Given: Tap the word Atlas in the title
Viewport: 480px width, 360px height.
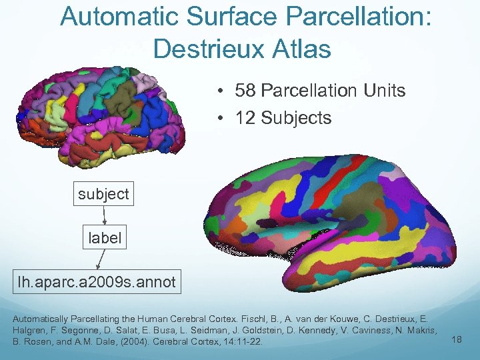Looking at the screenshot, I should tap(303, 49).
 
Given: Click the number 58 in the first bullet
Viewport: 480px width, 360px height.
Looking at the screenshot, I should tap(247, 91).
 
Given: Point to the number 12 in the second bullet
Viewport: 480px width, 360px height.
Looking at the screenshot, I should tap(245, 118).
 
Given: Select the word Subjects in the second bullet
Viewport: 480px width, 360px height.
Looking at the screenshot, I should tap(296, 118).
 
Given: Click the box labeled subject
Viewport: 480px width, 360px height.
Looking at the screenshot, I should tap(103, 194).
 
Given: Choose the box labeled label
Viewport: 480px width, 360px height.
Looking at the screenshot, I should tap(105, 238).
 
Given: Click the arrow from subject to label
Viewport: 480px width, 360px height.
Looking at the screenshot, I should tap(105, 216).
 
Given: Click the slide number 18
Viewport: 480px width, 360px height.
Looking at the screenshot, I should tap(456, 340).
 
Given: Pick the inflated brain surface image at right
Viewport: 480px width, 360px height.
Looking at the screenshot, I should tap(333, 220).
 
